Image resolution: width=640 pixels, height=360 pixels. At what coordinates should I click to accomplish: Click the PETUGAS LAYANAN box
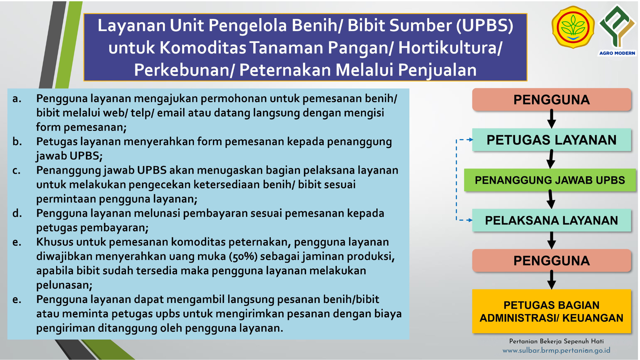(551, 140)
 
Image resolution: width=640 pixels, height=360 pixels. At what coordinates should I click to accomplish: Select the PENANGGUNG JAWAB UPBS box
(550, 180)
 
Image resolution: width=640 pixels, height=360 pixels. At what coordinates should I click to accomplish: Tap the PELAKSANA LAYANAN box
(551, 220)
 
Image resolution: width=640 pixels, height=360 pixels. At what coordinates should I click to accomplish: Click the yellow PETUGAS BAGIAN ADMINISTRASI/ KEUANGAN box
(551, 311)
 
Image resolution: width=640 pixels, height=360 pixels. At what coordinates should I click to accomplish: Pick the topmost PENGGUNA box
(551, 99)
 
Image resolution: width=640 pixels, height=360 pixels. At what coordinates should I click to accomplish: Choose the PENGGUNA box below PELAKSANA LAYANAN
(551, 260)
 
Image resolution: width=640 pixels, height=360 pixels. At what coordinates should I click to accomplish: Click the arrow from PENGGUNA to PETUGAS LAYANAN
(552, 119)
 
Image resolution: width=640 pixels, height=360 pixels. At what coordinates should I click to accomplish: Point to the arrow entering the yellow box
(552, 280)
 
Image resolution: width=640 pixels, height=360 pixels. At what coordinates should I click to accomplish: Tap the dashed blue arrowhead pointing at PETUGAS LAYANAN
(470, 140)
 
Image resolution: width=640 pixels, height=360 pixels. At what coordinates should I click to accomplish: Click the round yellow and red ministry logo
(573, 27)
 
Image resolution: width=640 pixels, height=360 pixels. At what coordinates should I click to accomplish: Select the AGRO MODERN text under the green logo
(617, 53)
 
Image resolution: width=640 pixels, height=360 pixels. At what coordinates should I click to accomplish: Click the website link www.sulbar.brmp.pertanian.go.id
(556, 350)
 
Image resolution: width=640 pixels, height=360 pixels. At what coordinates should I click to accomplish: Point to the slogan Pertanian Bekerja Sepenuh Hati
(556, 341)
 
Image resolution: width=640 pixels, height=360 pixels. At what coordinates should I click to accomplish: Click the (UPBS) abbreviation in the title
(485, 25)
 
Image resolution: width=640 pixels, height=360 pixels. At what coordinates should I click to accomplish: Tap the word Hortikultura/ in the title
(450, 48)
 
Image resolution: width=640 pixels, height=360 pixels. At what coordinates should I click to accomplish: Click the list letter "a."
(17, 99)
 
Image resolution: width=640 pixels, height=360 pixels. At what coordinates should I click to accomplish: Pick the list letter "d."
(17, 213)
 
